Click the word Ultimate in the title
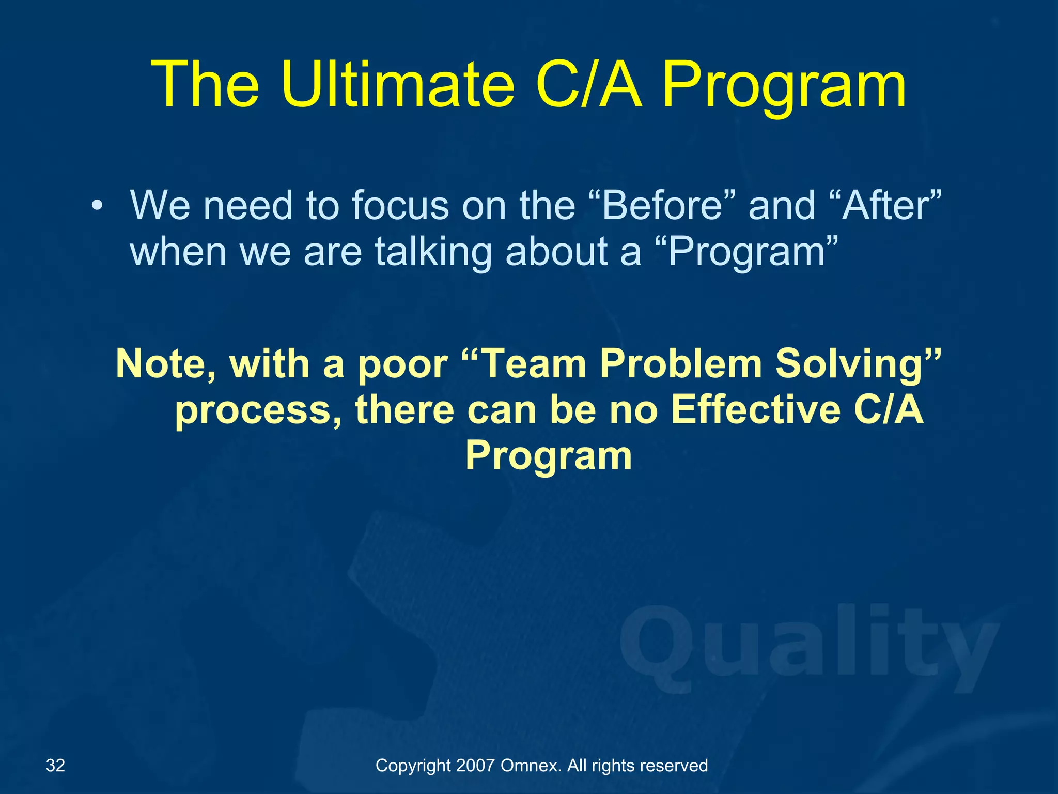point(398,85)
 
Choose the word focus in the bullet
point(401,206)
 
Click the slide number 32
point(56,765)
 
